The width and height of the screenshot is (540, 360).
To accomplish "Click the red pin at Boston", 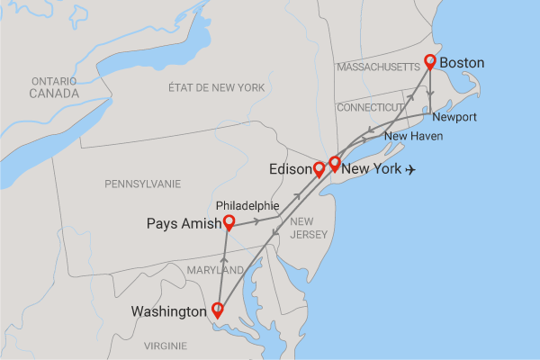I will click(x=430, y=61).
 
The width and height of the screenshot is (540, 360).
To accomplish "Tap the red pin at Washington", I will click(x=217, y=310).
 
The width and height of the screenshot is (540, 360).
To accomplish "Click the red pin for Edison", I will click(x=319, y=167).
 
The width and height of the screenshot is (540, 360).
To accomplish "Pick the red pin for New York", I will click(x=335, y=163).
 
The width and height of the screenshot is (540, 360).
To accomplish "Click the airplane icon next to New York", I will click(x=413, y=169).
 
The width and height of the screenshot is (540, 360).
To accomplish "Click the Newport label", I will click(x=454, y=118).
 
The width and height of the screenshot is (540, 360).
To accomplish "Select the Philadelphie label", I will click(x=248, y=204).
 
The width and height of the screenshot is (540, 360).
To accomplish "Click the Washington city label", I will click(x=169, y=312).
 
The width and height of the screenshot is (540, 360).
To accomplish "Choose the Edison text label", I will click(x=290, y=169).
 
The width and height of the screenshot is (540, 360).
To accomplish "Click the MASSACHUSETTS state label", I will click(x=377, y=67).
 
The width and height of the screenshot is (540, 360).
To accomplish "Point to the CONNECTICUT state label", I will click(x=371, y=107).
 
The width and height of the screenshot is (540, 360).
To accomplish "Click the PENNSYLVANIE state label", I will click(x=142, y=183).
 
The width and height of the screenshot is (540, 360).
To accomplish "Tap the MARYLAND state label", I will click(x=215, y=270).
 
